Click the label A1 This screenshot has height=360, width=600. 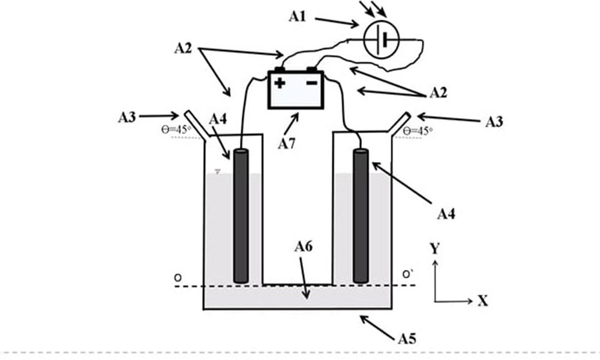point(298,17)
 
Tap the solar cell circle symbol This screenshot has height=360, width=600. point(382,40)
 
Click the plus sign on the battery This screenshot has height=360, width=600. point(280,83)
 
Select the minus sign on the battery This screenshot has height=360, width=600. point(312,82)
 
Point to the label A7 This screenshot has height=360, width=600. point(287,144)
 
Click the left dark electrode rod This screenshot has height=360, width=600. point(241,216)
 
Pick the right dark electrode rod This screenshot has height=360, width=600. point(361,216)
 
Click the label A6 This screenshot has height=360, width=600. point(304,247)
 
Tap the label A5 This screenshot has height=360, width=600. point(407,338)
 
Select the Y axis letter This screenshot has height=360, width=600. point(434,248)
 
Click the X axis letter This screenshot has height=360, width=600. point(483,301)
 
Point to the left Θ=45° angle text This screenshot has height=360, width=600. point(176,130)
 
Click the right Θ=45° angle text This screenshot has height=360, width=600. point(418,131)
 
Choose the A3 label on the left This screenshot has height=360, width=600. point(127,117)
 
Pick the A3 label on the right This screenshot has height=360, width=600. point(494,122)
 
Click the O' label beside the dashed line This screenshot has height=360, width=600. point(407,274)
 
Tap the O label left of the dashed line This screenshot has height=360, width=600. point(178,278)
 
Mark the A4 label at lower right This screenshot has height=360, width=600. point(446,214)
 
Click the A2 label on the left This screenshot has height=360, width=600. point(183,48)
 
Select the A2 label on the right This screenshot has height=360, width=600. point(438,92)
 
